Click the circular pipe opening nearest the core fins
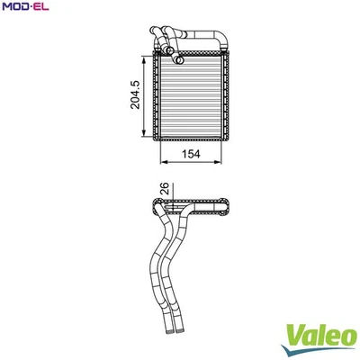tap(178, 60)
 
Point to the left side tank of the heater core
tap(158, 97)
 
